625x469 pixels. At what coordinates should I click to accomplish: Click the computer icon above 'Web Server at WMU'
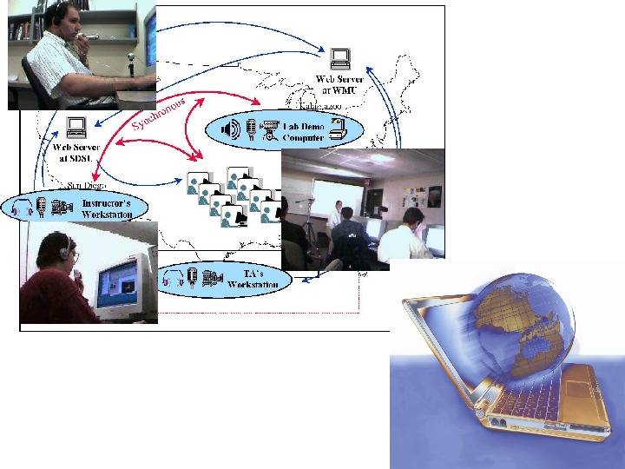tap(340, 59)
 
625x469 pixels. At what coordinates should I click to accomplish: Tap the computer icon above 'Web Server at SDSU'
tap(76, 128)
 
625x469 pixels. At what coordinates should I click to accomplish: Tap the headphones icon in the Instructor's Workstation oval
tap(20, 207)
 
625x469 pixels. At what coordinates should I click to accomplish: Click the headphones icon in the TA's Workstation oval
tap(171, 278)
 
